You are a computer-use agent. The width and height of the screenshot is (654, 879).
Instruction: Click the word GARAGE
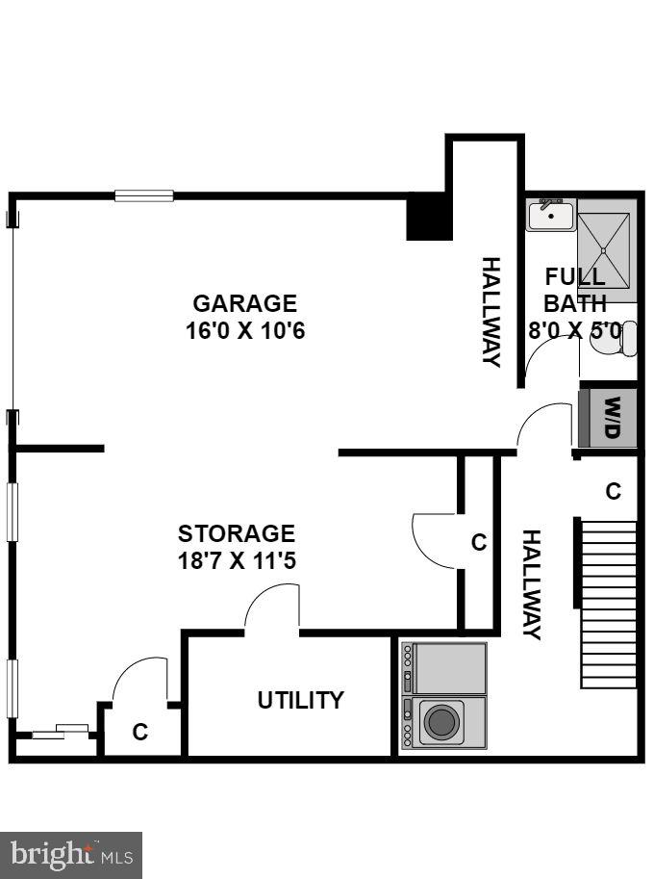(x=245, y=303)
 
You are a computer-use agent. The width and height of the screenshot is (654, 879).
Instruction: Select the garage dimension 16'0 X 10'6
(x=245, y=330)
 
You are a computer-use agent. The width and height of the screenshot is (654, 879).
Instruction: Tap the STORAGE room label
(x=236, y=533)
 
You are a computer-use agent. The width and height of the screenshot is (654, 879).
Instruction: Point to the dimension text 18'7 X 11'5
(x=236, y=560)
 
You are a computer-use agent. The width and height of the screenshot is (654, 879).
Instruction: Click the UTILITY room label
(x=300, y=700)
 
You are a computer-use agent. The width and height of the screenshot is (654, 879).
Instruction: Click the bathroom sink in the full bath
(x=550, y=215)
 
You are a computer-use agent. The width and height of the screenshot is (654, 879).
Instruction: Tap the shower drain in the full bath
(x=605, y=250)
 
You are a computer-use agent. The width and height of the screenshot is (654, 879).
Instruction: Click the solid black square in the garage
(x=429, y=217)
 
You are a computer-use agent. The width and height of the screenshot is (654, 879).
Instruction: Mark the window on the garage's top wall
(x=144, y=195)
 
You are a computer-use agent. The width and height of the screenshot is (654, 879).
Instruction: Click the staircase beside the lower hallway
(x=609, y=605)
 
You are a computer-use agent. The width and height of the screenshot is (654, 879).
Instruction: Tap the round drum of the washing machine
(x=441, y=721)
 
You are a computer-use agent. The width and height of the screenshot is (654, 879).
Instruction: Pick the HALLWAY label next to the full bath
(x=490, y=311)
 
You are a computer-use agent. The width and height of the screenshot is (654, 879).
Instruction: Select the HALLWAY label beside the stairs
(x=531, y=584)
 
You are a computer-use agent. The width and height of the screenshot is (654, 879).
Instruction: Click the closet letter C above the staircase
(x=613, y=491)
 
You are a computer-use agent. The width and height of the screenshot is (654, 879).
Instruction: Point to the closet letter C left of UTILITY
(x=140, y=733)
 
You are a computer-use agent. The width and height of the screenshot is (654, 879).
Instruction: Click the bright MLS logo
(x=71, y=854)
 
